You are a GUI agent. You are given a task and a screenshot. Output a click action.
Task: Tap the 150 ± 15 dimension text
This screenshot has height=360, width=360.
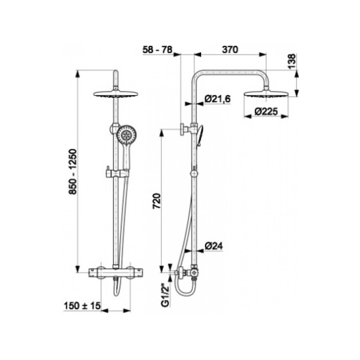click(x=82, y=305)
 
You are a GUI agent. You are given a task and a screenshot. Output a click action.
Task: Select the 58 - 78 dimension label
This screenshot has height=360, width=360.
click(x=157, y=49)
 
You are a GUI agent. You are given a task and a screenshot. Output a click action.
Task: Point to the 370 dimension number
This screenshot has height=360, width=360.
click(x=230, y=49)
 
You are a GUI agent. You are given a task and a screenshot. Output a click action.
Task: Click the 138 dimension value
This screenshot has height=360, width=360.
click(x=292, y=61)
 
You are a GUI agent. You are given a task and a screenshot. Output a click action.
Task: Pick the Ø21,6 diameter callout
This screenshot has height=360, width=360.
click(x=218, y=99)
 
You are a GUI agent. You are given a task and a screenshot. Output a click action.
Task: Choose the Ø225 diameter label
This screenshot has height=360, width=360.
click(x=266, y=112)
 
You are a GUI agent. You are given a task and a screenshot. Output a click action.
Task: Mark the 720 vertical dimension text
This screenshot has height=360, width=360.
click(x=157, y=201)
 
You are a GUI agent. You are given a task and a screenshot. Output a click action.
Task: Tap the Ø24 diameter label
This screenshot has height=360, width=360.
click(x=214, y=246)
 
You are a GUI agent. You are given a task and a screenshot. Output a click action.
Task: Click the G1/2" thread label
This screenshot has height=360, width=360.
click(x=165, y=295)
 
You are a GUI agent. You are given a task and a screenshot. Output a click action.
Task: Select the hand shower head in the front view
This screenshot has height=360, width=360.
click(x=125, y=135)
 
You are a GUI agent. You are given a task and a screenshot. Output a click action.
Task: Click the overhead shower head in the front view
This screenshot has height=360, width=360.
click(x=116, y=94)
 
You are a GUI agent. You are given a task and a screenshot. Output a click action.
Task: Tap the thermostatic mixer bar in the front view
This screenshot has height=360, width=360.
click(x=116, y=273)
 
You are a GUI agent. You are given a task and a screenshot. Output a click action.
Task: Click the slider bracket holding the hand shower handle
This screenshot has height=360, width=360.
click(x=117, y=173)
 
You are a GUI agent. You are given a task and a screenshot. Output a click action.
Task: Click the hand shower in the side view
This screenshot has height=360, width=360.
click(x=200, y=136)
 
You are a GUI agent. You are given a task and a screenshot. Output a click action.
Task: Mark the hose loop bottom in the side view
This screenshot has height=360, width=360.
click(x=186, y=294)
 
